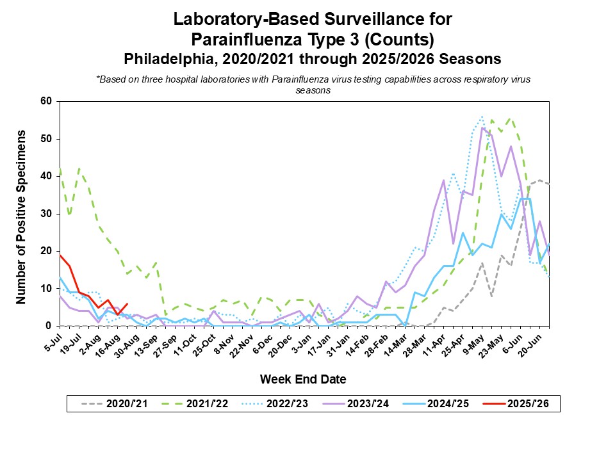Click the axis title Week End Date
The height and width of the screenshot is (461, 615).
pos(303,379)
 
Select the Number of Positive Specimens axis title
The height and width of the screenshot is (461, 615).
pos(21,216)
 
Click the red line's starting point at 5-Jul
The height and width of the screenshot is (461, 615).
pos(59,255)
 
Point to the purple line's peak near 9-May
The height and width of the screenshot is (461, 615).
pos(482,127)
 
